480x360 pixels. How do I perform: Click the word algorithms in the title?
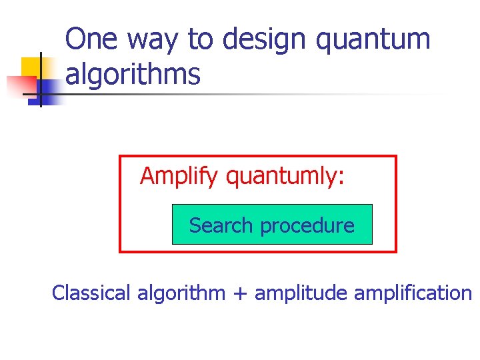click(133, 75)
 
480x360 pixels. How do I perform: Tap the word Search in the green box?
click(222, 225)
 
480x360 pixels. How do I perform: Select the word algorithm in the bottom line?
click(181, 293)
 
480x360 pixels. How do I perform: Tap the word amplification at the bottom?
click(413, 293)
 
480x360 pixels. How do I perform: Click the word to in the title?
click(199, 40)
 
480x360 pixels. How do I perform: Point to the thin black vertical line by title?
click(41, 80)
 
